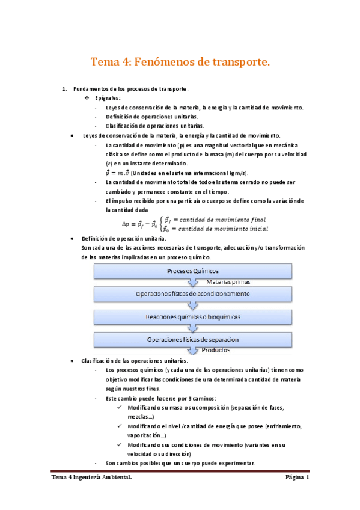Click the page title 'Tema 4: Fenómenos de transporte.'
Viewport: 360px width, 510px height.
[180, 62]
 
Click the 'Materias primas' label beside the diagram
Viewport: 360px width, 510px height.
[228, 281]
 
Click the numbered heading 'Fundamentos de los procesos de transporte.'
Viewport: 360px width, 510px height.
[130, 90]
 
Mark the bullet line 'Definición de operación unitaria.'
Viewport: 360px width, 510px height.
[124, 238]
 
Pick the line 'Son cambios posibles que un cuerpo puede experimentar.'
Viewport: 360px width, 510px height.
[180, 463]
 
